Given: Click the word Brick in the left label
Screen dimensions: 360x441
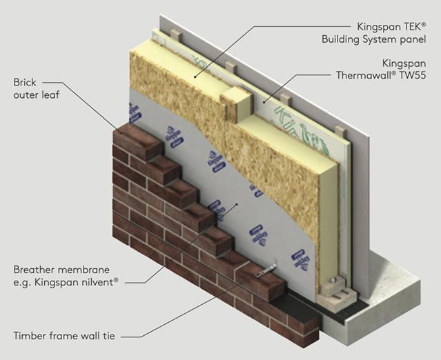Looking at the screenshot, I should point(25,83).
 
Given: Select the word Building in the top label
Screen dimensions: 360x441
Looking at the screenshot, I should point(342,39).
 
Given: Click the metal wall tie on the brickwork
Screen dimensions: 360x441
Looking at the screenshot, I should point(265,271).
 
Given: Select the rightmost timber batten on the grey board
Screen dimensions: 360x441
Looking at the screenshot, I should point(338,129).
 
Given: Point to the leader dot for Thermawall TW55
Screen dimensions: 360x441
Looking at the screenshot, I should point(263,102).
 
